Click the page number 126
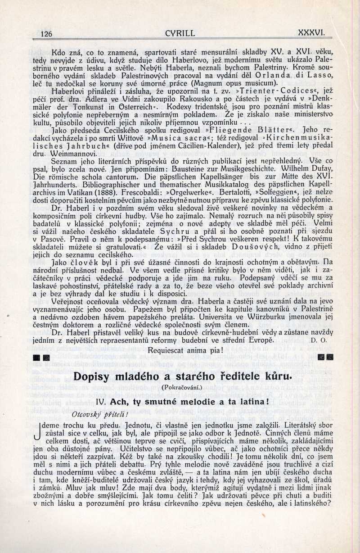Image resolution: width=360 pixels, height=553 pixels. pos(46,34)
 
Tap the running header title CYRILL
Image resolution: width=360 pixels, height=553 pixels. pos(180,33)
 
